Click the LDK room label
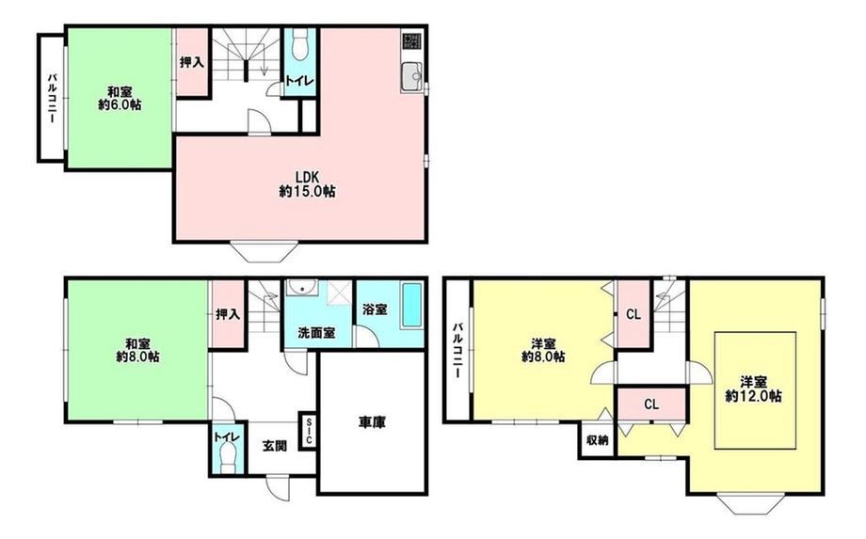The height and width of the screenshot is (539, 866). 307,184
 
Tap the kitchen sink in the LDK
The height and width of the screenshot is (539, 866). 411,75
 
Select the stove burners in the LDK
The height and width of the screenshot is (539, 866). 411,40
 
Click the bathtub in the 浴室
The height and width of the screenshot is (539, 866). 411,305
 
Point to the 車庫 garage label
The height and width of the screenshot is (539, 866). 372,422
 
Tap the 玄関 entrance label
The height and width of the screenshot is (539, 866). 274,446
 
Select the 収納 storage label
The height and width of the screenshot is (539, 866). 597,440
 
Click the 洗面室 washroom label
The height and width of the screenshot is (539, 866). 316,333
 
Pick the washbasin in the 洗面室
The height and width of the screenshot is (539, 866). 301,288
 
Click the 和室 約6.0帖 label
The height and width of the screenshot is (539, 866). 120,98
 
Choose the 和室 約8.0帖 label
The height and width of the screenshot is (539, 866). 137,350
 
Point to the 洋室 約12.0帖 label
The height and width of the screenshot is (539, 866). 753,388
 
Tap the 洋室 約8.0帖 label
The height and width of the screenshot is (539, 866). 543,350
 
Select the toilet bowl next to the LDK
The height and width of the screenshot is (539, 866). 300,43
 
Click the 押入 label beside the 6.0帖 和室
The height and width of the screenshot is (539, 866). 192,62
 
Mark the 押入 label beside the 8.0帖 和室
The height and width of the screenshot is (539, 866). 228,314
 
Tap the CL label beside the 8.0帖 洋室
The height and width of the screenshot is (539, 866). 633,314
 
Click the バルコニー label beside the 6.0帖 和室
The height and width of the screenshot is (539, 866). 51,98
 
